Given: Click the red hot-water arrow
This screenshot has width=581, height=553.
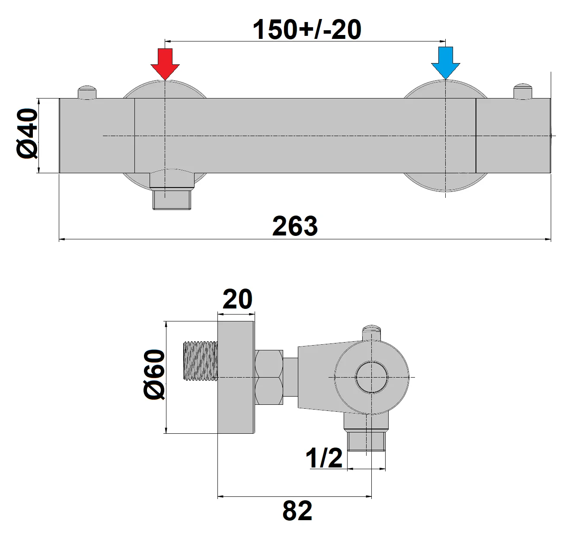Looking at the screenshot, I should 165,63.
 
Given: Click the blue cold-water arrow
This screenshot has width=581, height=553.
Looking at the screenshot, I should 445,63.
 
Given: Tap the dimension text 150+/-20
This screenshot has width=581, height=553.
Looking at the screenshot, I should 306,30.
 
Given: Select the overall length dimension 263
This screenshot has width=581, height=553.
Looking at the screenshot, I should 295,226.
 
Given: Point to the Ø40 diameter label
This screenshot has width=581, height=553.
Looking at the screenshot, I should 28,134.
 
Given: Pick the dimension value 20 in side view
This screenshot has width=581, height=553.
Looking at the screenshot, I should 237,299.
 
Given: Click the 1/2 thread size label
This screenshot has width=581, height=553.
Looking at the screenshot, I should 324,458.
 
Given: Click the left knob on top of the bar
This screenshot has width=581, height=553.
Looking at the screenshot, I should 88,92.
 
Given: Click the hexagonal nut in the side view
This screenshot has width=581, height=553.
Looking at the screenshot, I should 269,377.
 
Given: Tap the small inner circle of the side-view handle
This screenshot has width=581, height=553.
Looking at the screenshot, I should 372,377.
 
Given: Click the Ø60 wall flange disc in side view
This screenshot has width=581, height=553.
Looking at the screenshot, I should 236,377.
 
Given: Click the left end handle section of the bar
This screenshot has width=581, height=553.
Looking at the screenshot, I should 97,136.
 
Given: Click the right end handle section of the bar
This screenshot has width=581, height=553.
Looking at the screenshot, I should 513,136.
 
